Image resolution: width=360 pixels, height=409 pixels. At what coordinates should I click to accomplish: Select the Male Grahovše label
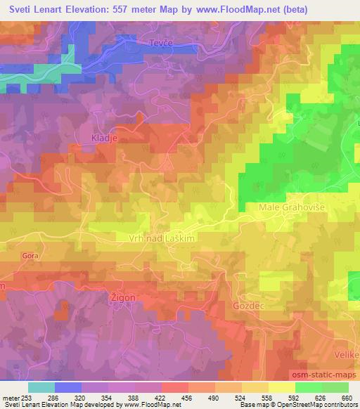coord(285,208)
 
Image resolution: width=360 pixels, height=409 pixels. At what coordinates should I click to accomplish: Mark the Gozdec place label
coord(246,306)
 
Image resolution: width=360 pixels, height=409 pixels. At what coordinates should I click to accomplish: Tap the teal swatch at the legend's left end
coord(41,387)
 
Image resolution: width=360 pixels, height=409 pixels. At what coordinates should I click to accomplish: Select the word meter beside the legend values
coord(8,397)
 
